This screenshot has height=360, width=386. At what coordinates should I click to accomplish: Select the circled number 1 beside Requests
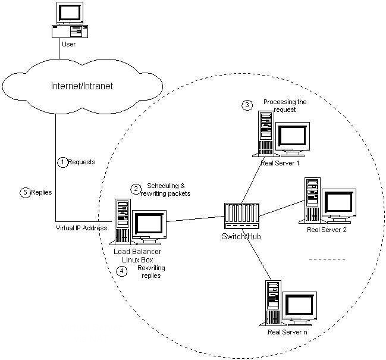click(x=62, y=161)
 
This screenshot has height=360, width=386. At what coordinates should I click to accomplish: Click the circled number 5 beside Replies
click(x=24, y=192)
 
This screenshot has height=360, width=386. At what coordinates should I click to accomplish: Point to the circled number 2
click(x=136, y=189)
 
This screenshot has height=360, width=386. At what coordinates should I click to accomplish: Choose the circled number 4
click(x=122, y=271)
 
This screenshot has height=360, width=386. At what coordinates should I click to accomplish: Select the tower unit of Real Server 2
click(x=310, y=201)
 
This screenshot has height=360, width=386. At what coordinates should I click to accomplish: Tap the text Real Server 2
click(x=327, y=229)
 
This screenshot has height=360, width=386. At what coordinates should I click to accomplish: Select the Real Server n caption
click(x=287, y=331)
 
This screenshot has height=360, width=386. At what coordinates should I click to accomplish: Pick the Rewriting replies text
click(x=149, y=272)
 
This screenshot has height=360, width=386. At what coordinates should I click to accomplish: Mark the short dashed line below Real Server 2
click(x=327, y=259)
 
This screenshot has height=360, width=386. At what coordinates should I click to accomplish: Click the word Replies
click(x=41, y=192)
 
